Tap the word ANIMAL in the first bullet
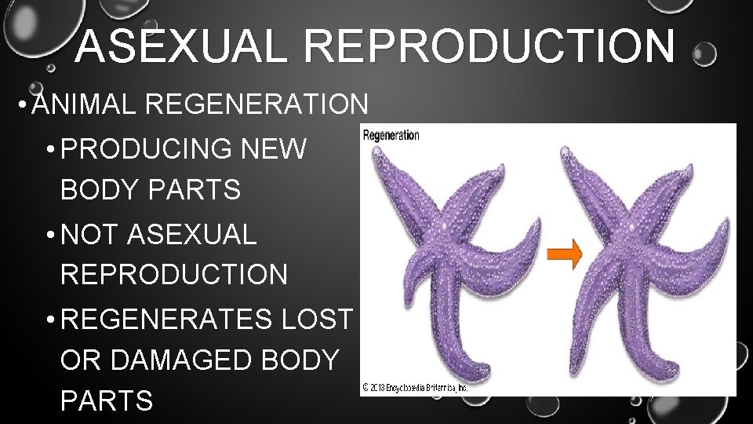pyautogui.click(x=88, y=104)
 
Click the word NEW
pyautogui.click(x=285, y=148)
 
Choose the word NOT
pyautogui.click(x=89, y=233)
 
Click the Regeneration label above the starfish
pyautogui.click(x=391, y=135)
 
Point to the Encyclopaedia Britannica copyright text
pyautogui.click(x=415, y=386)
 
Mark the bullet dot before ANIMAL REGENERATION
pyautogui.click(x=26, y=105)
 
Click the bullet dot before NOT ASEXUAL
pyautogui.click(x=49, y=235)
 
